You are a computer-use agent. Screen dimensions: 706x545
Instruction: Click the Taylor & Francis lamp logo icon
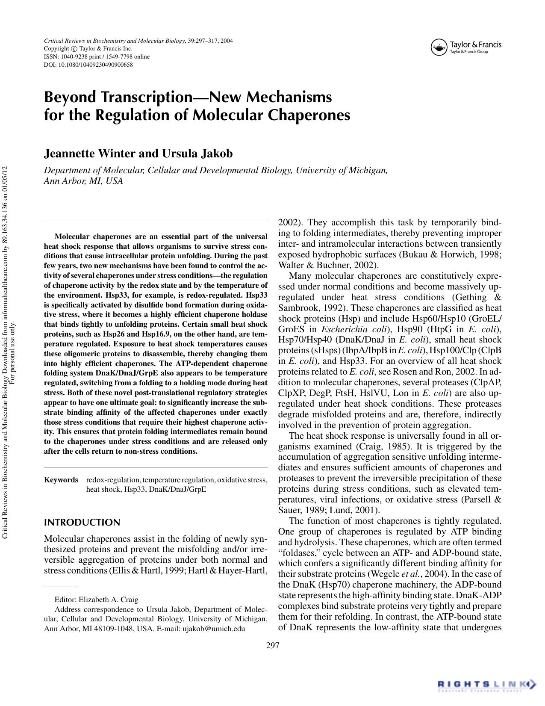tap(439, 47)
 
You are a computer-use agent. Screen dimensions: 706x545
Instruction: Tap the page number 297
tap(272, 645)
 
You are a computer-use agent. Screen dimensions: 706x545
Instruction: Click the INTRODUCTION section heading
tap(82, 523)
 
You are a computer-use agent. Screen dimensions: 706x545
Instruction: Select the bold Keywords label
tap(61, 480)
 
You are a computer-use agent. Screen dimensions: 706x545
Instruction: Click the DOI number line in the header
tap(88, 65)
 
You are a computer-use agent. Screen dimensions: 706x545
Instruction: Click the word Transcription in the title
tap(145, 97)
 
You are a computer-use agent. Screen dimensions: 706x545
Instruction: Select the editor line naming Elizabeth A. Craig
tap(96, 600)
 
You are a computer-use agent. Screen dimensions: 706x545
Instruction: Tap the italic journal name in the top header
tap(115, 41)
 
